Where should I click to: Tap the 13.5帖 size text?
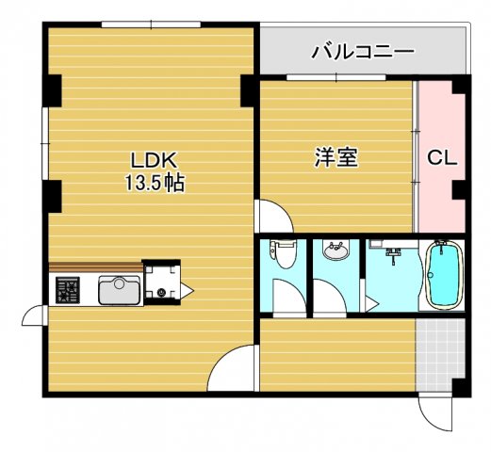tap(151, 183)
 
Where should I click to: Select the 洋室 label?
tap(336, 157)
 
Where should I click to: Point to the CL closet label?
tap(442, 158)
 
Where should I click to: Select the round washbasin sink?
tap(334, 251)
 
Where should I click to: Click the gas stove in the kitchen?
tap(69, 289)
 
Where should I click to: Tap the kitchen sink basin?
tap(120, 290)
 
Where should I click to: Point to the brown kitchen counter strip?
tap(94, 267)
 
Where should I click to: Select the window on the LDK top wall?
tap(149, 25)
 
